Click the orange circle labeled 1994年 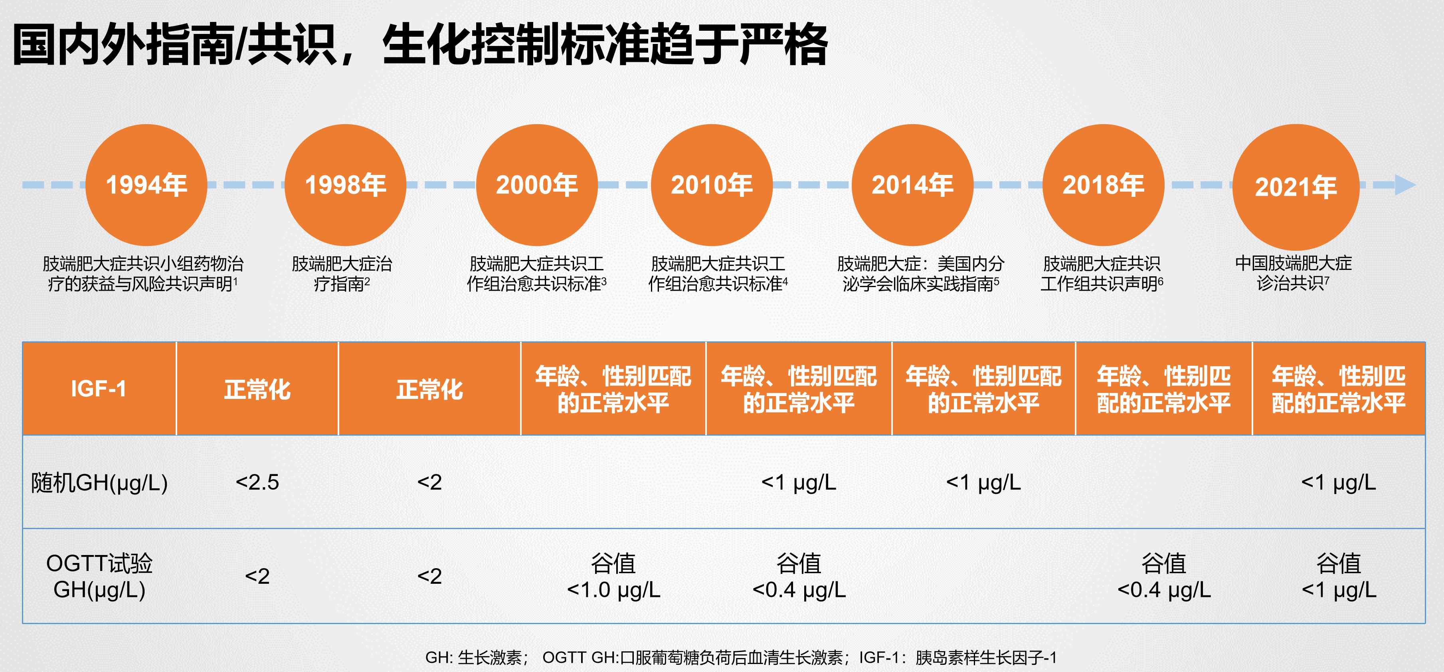point(146,185)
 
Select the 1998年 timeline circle point(345,185)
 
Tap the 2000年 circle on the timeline point(536,185)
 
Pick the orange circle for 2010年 point(711,185)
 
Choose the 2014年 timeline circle point(912,185)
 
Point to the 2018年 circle point(1103,185)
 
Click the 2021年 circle point(1296,187)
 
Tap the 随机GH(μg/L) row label point(99,482)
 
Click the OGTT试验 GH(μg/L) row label point(99,576)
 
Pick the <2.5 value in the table point(257,482)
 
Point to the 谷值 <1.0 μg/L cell point(613,576)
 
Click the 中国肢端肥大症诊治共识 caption point(1293,273)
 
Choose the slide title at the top point(420,44)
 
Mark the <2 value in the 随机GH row point(429,482)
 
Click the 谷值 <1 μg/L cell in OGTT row point(1339,576)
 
